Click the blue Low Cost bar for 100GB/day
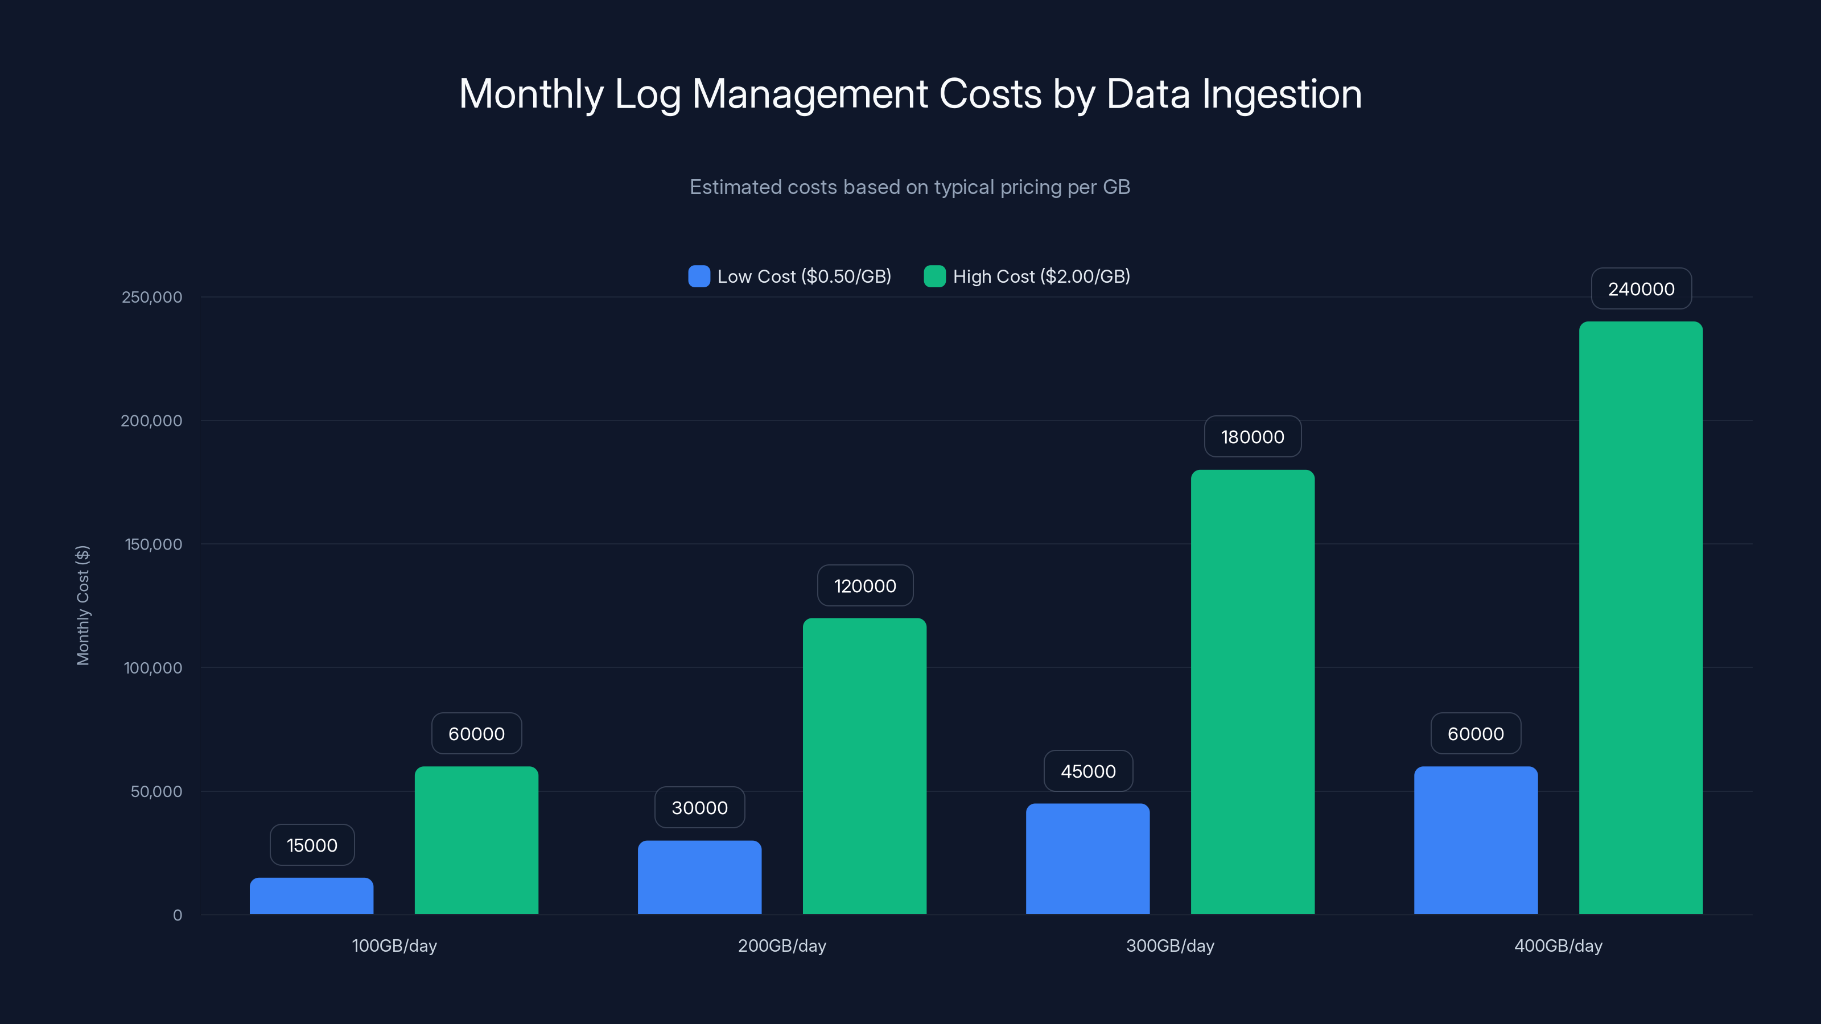point(311,895)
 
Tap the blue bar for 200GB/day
point(699,877)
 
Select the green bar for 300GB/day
point(1253,692)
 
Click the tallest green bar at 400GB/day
point(1641,618)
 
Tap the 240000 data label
point(1641,289)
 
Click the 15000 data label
point(312,845)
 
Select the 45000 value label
point(1088,771)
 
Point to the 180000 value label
point(1253,437)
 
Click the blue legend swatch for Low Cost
point(698,276)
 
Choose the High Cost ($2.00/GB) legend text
point(1041,276)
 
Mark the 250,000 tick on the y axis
point(151,297)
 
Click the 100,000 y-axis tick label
point(153,668)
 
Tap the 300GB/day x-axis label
point(1170,945)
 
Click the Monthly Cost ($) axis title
point(83,605)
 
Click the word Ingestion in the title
point(1281,94)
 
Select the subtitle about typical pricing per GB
point(910,187)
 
